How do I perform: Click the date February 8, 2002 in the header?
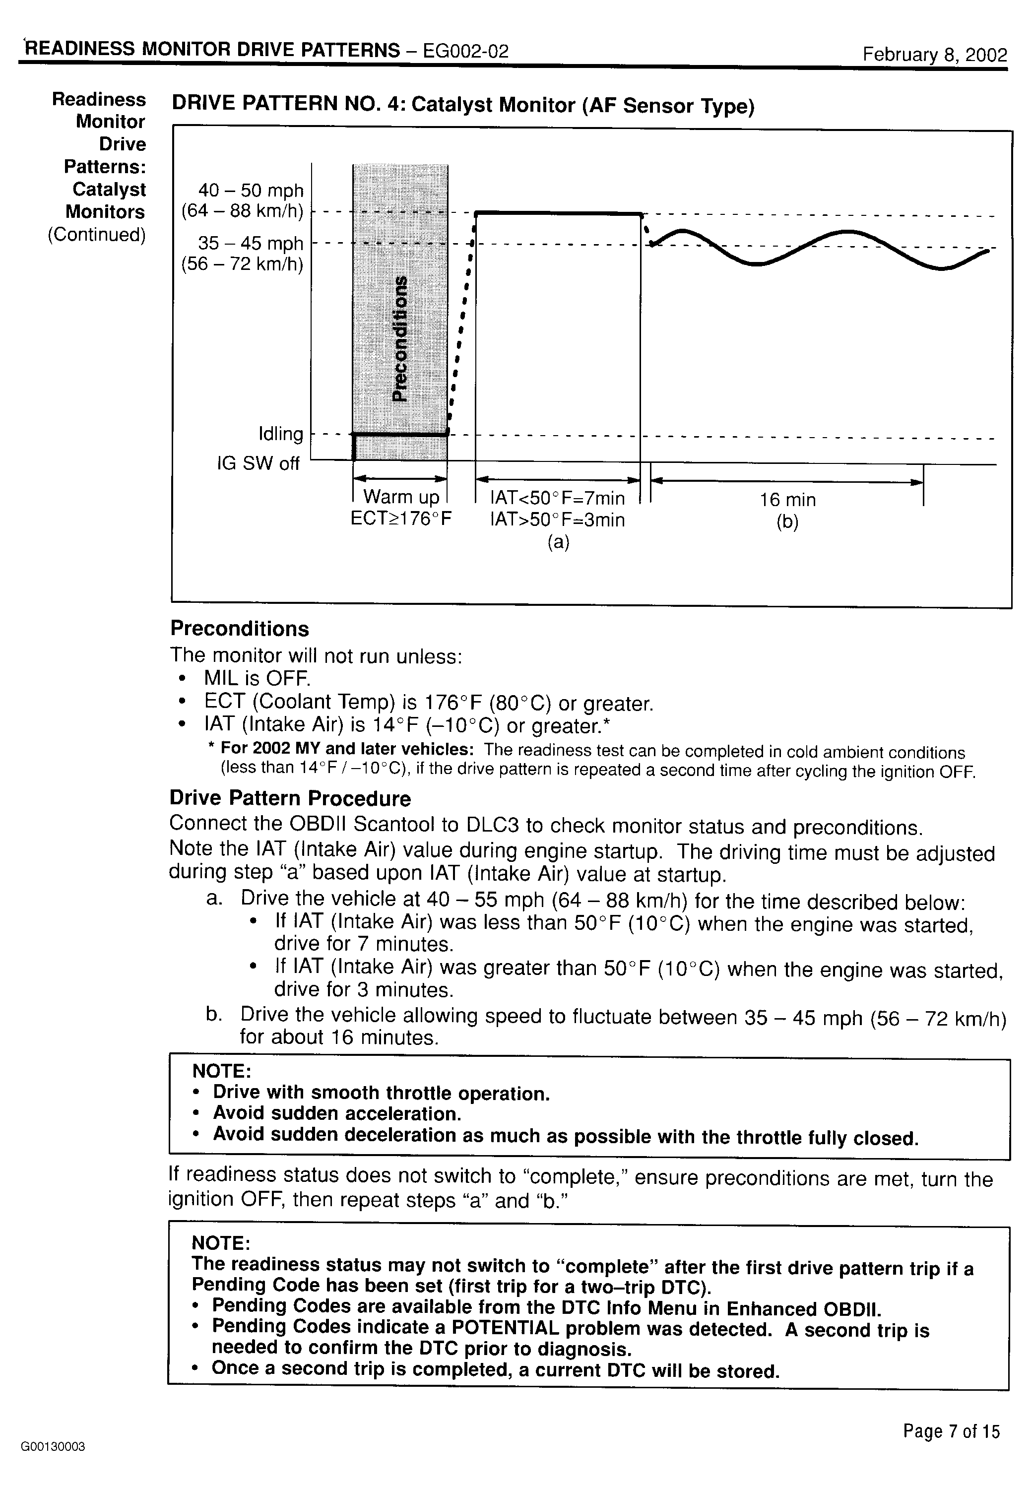click(934, 54)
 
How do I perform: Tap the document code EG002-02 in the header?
click(465, 51)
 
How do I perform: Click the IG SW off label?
click(258, 463)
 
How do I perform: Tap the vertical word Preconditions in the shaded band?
click(401, 338)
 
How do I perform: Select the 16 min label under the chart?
click(787, 499)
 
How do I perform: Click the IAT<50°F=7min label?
click(557, 498)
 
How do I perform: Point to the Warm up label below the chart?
click(401, 497)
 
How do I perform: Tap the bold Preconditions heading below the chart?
click(239, 629)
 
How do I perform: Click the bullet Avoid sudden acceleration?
click(337, 1113)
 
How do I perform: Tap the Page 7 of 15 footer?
click(951, 1431)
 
